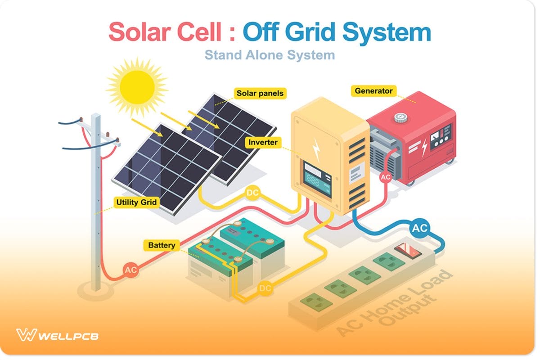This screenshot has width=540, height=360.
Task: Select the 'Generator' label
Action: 373,91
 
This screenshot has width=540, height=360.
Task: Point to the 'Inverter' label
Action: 263,143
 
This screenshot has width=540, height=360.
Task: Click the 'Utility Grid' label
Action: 136,202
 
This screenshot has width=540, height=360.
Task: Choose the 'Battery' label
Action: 161,246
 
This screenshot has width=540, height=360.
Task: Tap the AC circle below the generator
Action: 385,177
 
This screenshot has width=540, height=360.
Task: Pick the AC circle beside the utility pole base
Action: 131,271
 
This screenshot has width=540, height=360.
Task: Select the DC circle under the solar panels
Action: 252,193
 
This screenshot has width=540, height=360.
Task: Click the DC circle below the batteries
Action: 265,287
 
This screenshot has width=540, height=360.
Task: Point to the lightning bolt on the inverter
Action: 318,148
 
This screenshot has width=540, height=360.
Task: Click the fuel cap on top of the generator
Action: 400,118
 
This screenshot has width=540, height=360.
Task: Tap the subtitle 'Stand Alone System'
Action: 270,55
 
